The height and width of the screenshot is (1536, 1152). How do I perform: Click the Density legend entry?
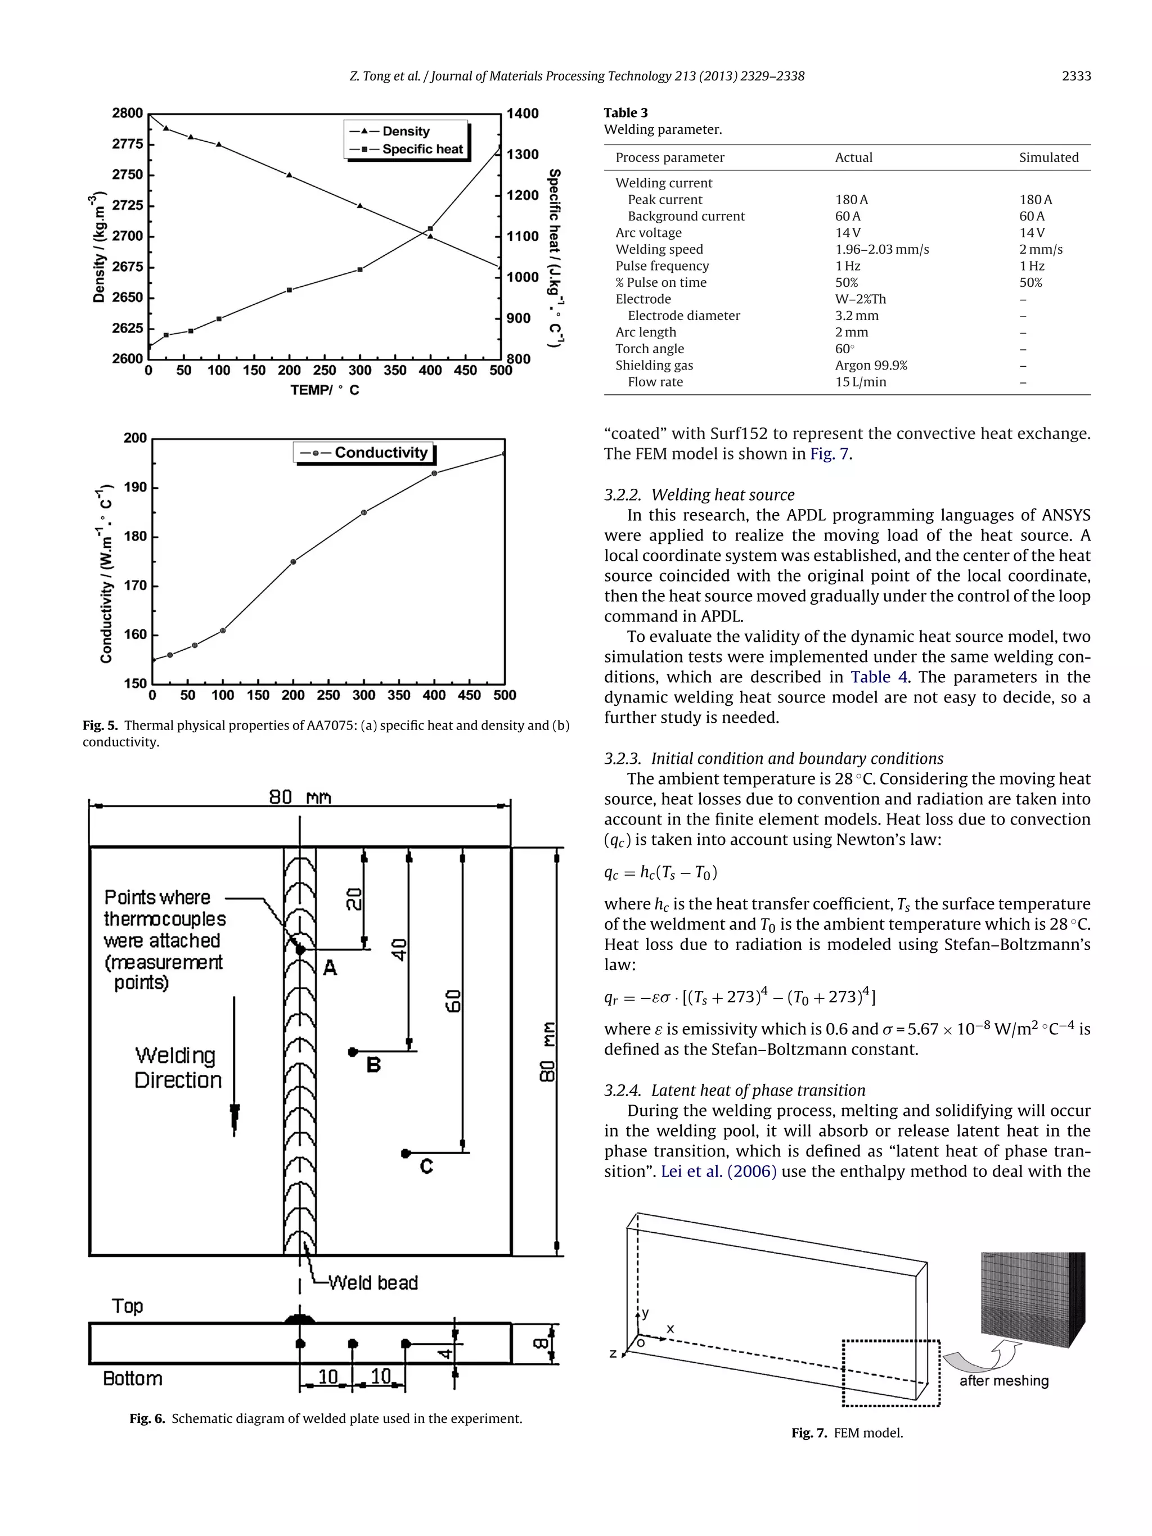[x=405, y=131]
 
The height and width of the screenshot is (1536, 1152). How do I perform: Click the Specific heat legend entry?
[x=421, y=149]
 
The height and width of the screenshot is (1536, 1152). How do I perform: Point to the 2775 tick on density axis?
[x=128, y=144]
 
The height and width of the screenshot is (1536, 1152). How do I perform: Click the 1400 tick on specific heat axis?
[x=522, y=113]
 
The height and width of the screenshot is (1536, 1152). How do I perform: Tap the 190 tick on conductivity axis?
[x=136, y=488]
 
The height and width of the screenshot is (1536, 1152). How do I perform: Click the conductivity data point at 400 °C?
[x=434, y=474]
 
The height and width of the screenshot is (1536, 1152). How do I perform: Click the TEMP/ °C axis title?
[x=325, y=390]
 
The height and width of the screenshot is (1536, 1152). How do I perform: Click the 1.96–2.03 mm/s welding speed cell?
[x=881, y=249]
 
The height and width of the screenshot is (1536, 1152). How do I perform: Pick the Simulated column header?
[x=1048, y=157]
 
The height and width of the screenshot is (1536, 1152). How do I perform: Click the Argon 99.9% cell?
[x=871, y=365]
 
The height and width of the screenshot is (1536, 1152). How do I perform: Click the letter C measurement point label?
[x=426, y=1166]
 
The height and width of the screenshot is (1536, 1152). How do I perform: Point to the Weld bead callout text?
[x=373, y=1282]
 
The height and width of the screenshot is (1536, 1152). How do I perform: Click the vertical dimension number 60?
[x=453, y=1001]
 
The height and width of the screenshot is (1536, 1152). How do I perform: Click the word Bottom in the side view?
[x=132, y=1379]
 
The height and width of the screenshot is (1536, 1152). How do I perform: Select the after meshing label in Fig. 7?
[x=1003, y=1380]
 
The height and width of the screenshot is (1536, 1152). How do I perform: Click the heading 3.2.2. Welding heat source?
[x=699, y=495]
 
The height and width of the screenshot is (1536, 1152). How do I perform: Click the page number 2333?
[x=1075, y=76]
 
